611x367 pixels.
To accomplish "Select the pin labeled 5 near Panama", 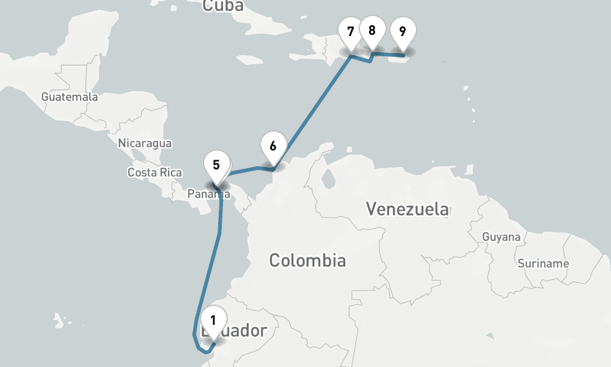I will tap(217, 165).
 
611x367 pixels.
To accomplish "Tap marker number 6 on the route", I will tap(273, 146).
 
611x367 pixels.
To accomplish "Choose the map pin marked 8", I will tap(372, 29).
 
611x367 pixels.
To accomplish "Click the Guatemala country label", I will tap(69, 97).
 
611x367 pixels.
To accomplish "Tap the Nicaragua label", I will tap(145, 143).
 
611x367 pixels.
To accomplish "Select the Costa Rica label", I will tap(155, 172).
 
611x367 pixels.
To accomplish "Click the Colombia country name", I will tap(307, 261).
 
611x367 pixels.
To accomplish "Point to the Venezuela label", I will tap(408, 209).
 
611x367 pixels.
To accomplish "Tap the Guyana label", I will tap(501, 237).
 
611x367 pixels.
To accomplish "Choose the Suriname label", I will tap(543, 264).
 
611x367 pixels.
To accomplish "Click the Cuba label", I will tap(223, 6).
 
